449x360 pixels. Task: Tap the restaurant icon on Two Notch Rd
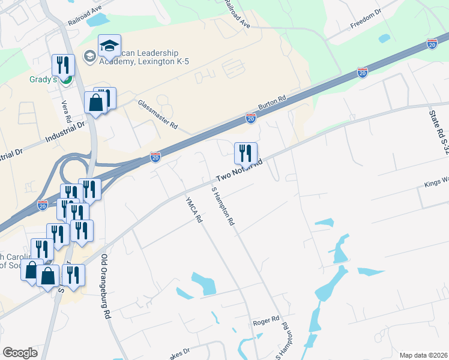[246, 154]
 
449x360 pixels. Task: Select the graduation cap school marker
[109, 46]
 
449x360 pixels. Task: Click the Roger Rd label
[266, 319]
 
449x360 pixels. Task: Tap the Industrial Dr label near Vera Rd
[66, 130]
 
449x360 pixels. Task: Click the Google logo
[20, 352]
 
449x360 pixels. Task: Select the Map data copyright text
[424, 355]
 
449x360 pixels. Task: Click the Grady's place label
[27, 79]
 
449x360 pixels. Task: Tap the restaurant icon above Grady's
[62, 65]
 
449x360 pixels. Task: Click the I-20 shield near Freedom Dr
[432, 44]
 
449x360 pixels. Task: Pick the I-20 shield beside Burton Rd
[251, 119]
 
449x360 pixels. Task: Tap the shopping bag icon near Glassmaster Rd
[96, 103]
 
